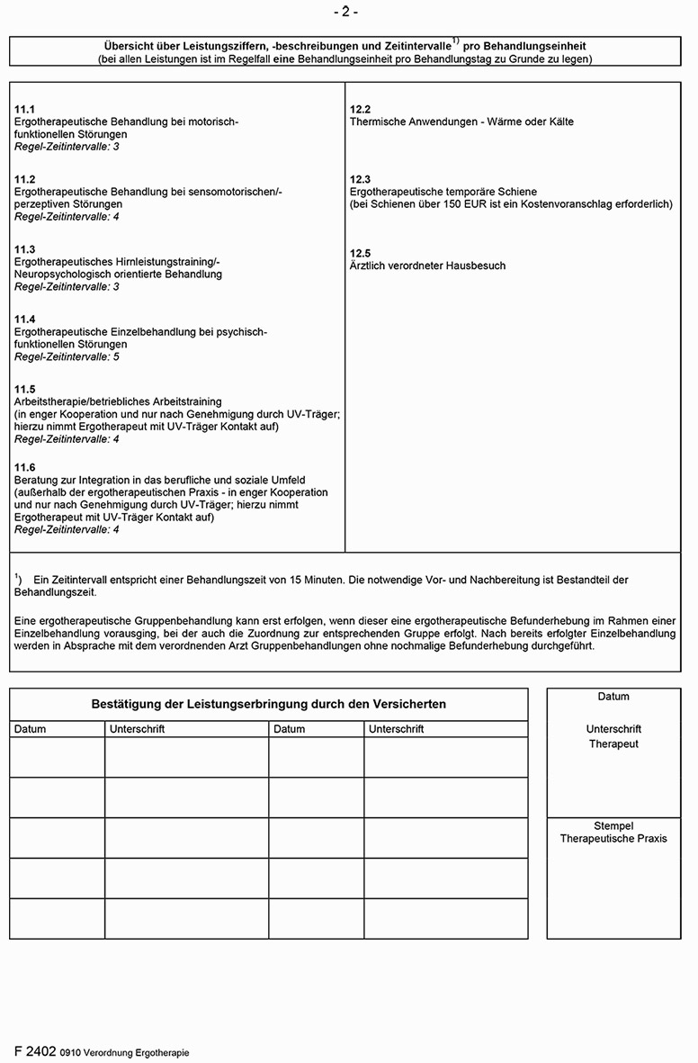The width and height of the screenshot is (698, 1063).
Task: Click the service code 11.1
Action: pyautogui.click(x=24, y=109)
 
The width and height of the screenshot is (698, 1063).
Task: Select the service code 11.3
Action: pyautogui.click(x=24, y=249)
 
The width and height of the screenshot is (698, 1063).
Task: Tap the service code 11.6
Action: pyautogui.click(x=24, y=467)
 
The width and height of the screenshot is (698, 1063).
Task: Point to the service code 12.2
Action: pyautogui.click(x=360, y=109)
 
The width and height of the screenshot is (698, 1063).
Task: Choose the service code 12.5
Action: pyautogui.click(x=360, y=253)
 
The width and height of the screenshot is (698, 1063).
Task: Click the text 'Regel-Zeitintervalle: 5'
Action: pyautogui.click(x=67, y=357)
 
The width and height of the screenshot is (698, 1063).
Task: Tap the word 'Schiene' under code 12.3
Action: pyautogui.click(x=517, y=192)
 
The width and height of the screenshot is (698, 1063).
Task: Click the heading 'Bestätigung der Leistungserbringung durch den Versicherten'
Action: pyautogui.click(x=268, y=704)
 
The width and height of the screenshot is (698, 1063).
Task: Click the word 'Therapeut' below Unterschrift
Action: pyautogui.click(x=613, y=744)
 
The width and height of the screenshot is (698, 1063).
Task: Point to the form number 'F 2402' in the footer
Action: pyautogui.click(x=35, y=1050)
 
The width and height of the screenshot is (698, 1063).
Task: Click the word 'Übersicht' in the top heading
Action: pyautogui.click(x=130, y=46)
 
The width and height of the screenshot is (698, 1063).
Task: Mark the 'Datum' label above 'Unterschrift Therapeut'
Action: pyautogui.click(x=613, y=697)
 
